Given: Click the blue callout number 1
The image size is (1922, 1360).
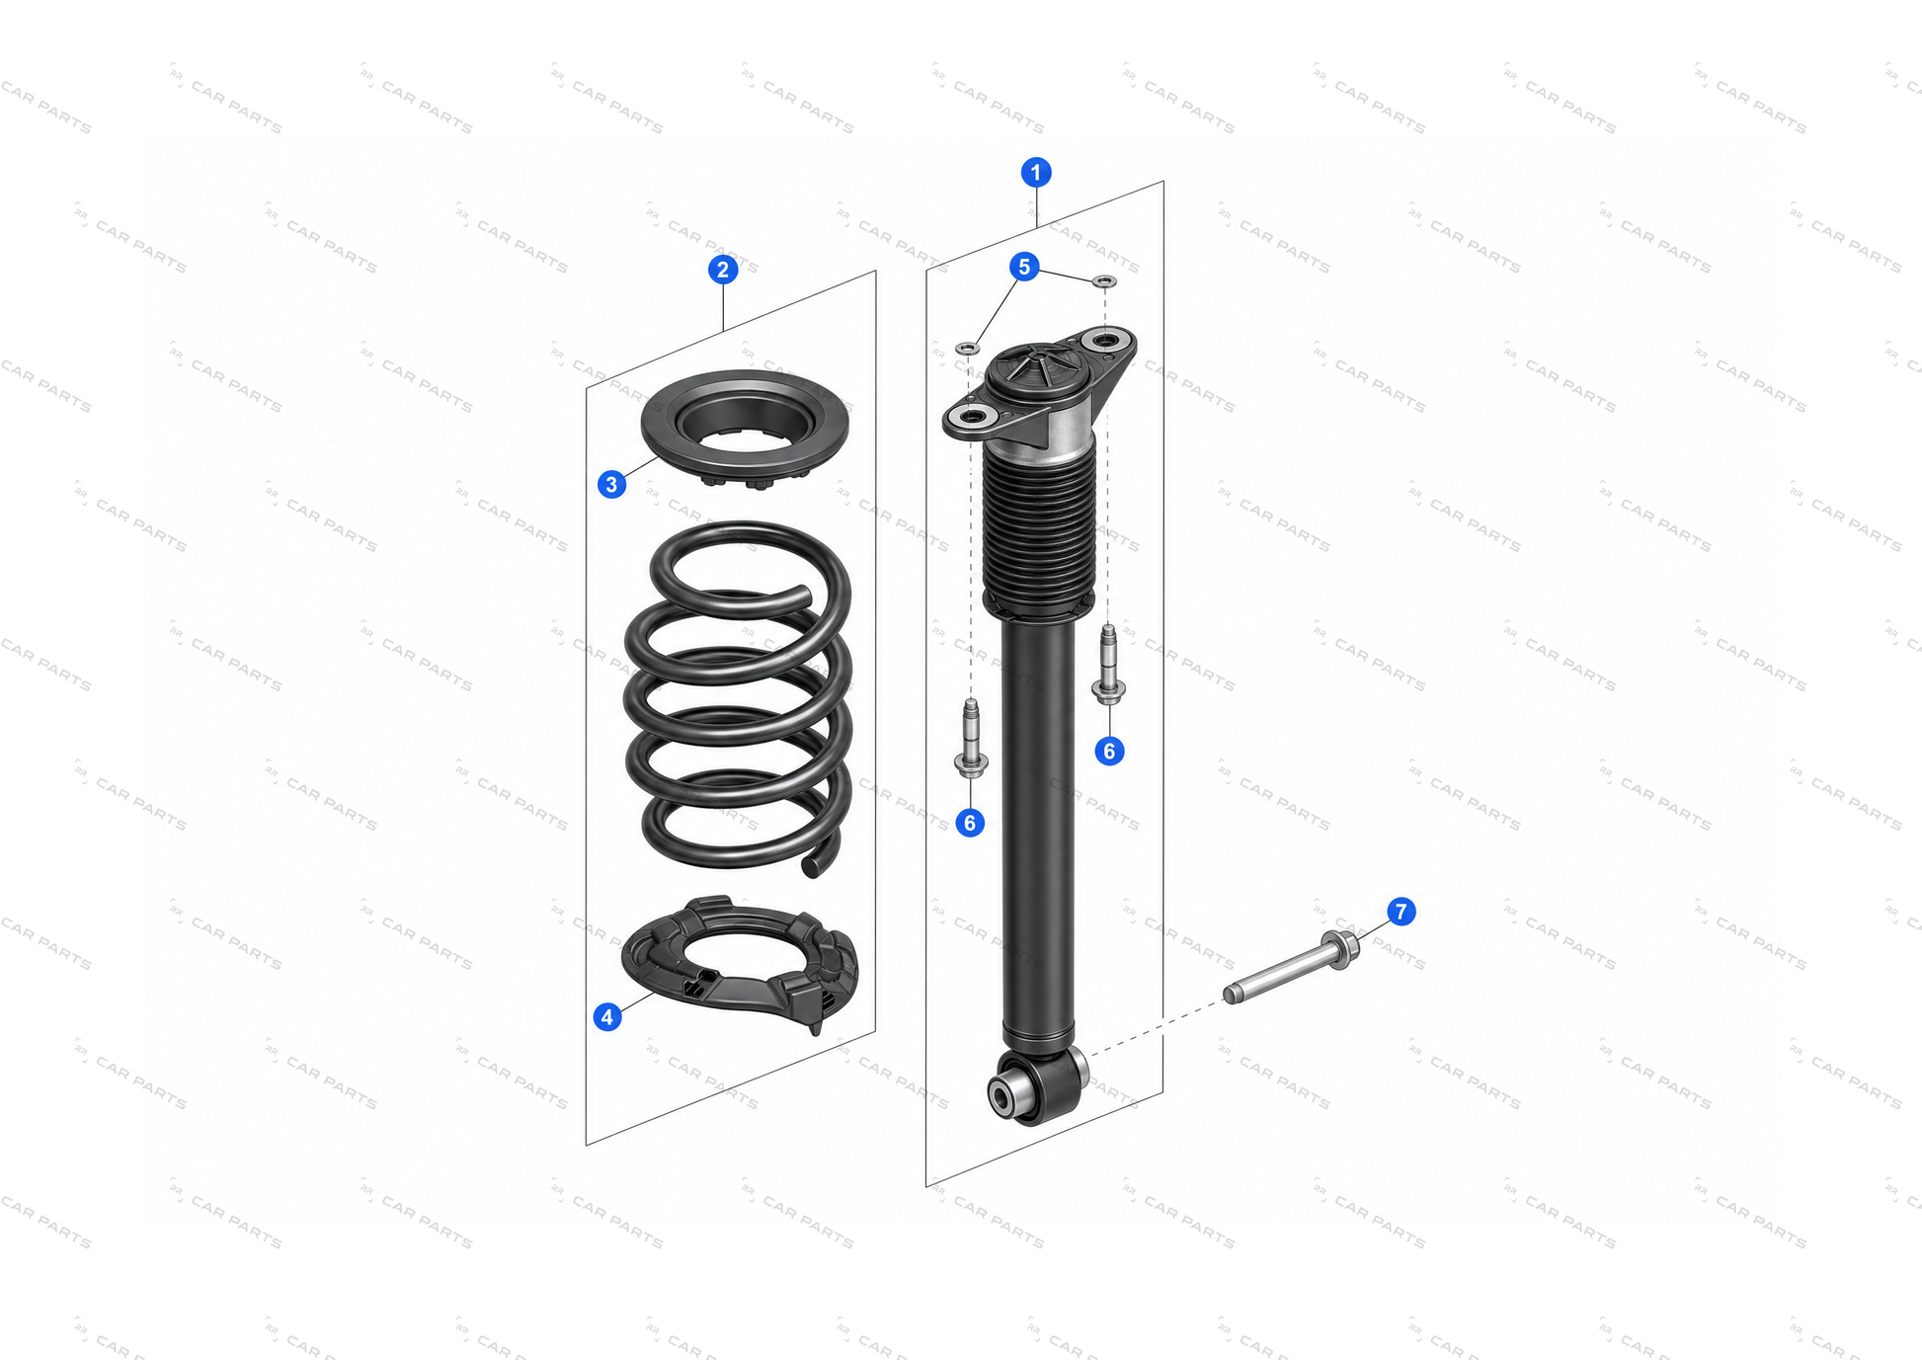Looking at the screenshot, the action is point(1035,173).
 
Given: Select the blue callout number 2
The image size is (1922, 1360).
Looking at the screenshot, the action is point(723,270).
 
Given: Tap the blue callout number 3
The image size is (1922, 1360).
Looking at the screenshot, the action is point(611,484).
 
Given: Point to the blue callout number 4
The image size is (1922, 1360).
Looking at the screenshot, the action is point(607,1016).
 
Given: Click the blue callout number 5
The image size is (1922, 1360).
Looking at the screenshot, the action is point(1024,267).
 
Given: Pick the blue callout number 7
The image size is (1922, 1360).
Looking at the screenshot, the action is point(1401,912).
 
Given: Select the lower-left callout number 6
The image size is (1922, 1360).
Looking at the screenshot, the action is point(970,823).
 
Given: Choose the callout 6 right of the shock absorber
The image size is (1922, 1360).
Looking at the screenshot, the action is point(1109,752).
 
